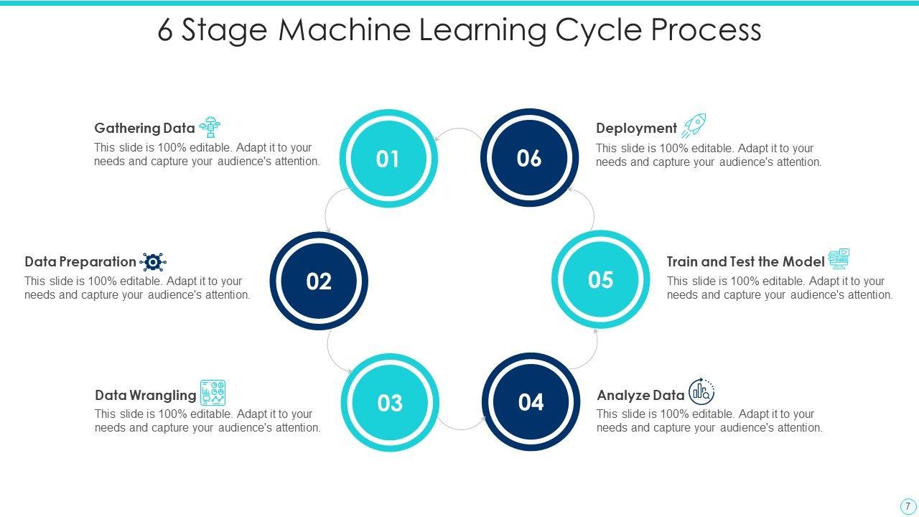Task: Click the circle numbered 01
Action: point(388,159)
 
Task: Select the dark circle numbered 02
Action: point(319,281)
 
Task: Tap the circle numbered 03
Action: point(390,403)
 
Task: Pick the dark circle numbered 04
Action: point(531,402)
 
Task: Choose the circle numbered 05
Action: point(600,279)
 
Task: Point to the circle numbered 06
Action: point(529,158)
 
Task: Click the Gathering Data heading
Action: point(144,129)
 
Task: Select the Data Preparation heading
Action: point(80,262)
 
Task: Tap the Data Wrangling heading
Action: point(145,395)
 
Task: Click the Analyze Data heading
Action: point(640,395)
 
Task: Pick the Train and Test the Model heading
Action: point(745,262)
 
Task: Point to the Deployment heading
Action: point(636,129)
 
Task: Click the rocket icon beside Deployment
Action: point(694,126)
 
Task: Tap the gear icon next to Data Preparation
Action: point(153,262)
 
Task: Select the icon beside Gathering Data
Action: point(210,127)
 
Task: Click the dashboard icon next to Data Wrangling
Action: point(213,393)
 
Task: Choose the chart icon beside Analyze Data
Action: point(701,392)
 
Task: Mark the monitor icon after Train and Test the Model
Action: point(839,258)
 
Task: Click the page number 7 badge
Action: point(908,506)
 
